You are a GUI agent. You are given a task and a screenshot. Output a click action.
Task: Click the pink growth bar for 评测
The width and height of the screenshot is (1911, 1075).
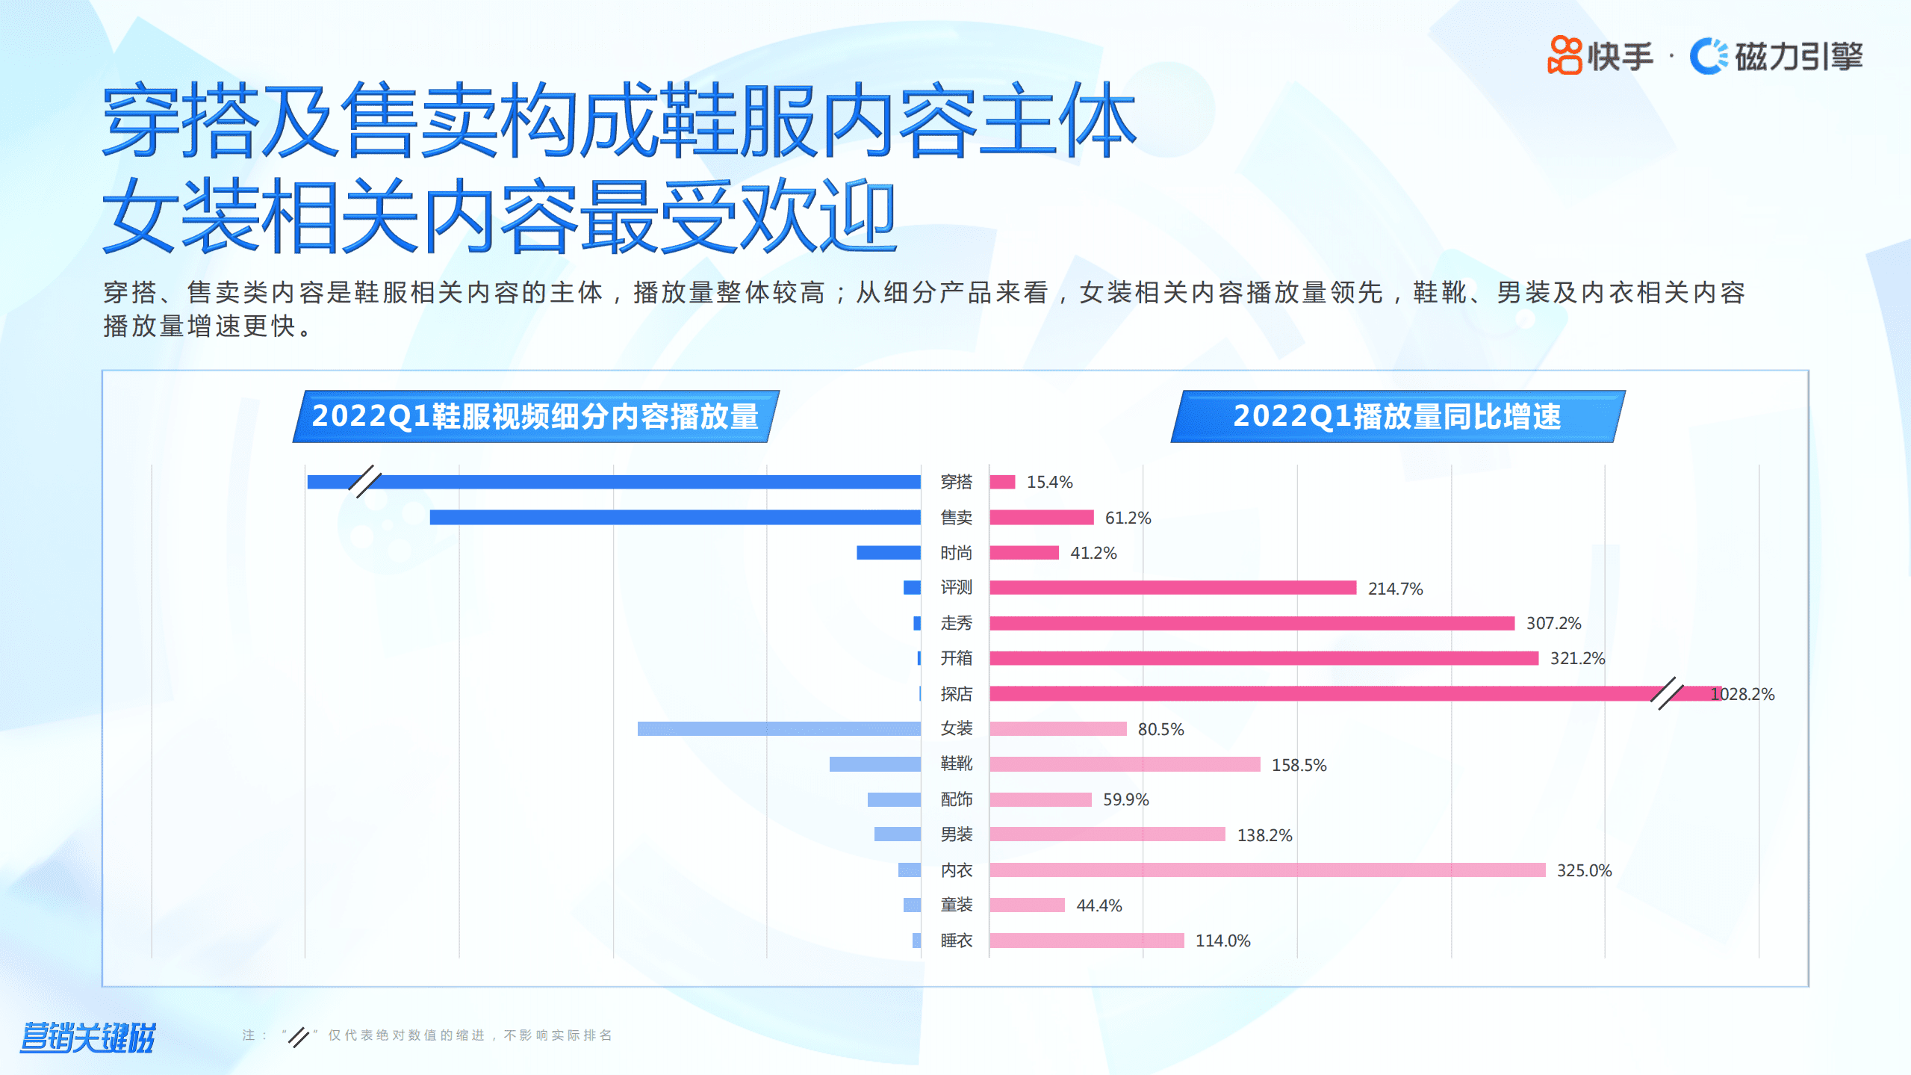click(1172, 588)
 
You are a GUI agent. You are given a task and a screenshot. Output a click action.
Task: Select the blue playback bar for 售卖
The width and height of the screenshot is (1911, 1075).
click(674, 517)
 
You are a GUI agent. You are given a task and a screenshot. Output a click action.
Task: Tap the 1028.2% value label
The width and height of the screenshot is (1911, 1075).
click(1742, 694)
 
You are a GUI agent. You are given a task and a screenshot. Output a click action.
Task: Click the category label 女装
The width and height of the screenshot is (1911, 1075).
click(956, 728)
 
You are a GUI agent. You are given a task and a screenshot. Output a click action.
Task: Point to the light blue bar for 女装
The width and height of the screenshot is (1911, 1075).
click(778, 728)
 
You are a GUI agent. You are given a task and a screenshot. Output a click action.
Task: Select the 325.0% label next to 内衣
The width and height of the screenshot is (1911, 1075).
click(1584, 870)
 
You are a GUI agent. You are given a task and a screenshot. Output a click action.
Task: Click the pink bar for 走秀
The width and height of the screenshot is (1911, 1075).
click(1252, 623)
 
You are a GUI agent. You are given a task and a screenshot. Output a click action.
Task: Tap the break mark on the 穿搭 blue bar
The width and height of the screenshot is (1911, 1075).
click(365, 482)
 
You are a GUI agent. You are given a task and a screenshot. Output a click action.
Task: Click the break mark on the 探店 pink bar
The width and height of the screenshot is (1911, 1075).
click(1666, 693)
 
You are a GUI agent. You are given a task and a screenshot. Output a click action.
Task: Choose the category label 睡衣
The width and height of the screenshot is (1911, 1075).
click(956, 941)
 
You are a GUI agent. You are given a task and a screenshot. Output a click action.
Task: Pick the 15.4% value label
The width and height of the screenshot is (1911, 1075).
click(1049, 483)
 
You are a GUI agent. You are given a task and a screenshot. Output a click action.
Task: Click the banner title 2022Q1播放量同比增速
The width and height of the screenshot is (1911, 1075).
click(1396, 416)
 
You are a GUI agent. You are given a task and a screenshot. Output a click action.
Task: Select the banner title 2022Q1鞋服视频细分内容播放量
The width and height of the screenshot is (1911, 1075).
click(535, 416)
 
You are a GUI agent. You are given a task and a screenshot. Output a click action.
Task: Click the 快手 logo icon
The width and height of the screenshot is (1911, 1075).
click(1565, 55)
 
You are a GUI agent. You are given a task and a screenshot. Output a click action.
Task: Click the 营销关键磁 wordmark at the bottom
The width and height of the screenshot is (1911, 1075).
click(87, 1037)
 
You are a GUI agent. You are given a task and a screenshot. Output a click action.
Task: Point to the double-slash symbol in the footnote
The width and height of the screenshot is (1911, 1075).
click(298, 1036)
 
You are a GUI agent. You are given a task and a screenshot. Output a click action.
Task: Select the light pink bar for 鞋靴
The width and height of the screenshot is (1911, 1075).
click(1125, 764)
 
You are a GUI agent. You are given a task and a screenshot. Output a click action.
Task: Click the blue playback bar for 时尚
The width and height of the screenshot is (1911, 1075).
click(888, 553)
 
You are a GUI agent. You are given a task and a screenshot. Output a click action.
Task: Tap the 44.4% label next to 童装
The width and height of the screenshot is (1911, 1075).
click(1099, 905)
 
